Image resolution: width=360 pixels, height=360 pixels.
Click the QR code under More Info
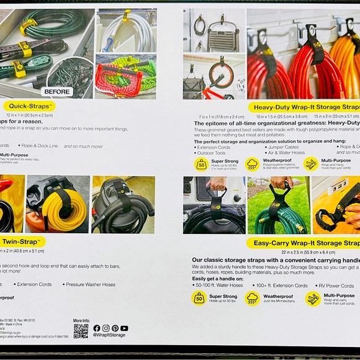coord(81,330)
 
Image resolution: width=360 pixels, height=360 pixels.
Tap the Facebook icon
coord(96,328)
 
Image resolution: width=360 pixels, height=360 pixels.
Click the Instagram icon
coord(106,328)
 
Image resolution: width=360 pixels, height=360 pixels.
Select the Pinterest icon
coord(115,328)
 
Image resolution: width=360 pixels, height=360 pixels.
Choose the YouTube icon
coord(124,328)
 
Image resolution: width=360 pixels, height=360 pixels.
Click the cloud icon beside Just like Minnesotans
coord(252,299)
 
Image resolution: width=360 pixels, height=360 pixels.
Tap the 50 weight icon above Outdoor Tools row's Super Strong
coord(201,164)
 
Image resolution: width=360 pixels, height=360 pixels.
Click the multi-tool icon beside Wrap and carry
coord(313,299)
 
